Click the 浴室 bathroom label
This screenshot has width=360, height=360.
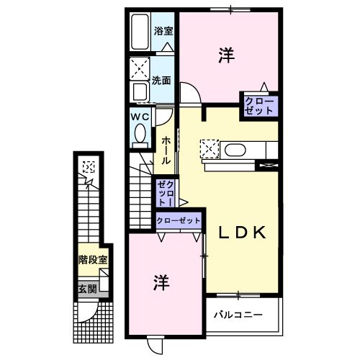163,31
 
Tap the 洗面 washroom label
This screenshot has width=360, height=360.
161,80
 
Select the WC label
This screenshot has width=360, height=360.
139,116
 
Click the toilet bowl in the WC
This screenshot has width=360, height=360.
140,133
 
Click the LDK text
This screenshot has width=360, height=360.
243,233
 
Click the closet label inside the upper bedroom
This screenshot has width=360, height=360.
258,104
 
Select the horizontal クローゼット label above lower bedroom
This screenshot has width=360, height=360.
178,220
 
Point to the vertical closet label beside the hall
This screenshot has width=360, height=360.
165,192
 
